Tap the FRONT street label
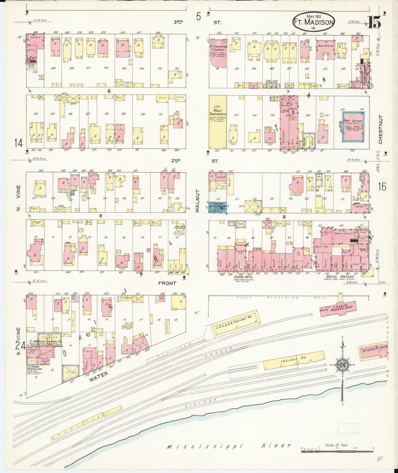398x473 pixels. pyautogui.click(x=167, y=283)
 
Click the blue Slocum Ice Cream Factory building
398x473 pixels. pyautogui.click(x=217, y=207)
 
